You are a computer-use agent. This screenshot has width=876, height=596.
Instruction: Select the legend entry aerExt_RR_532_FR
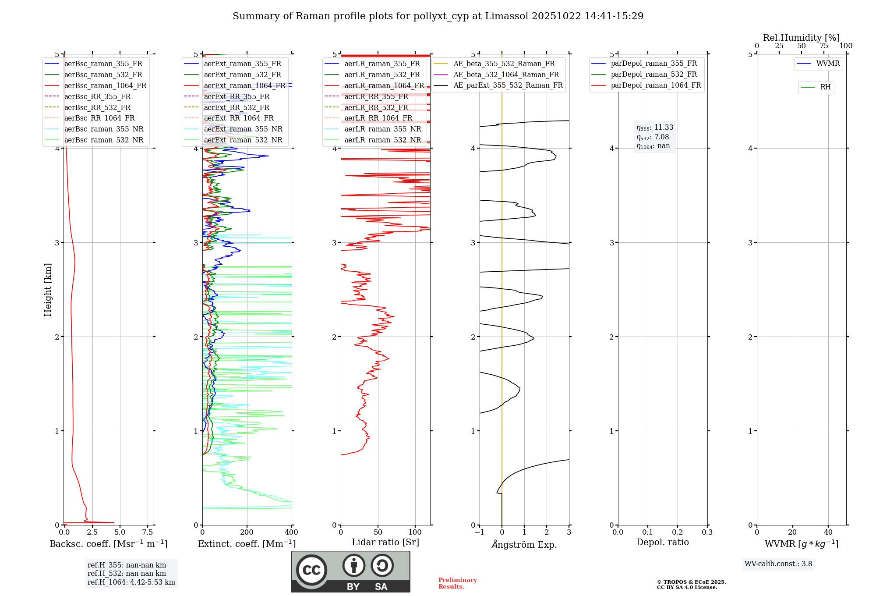click(237, 107)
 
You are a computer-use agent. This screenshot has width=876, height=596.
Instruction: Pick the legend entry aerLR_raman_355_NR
click(382, 129)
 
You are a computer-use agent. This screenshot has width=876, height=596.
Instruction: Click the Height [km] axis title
click(48, 290)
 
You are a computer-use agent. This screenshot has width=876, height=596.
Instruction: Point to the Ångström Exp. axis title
click(524, 545)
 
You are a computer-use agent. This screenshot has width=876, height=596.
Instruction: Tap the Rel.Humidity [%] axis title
click(801, 38)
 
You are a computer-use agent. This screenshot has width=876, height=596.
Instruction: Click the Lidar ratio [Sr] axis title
click(385, 542)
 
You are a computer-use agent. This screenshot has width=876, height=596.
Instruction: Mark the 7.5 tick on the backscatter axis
click(148, 532)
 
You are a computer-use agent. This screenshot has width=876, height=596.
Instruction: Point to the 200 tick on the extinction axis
click(247, 532)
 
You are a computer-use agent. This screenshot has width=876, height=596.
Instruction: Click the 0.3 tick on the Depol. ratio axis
click(707, 532)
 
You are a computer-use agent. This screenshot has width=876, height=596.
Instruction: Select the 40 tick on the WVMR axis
click(828, 532)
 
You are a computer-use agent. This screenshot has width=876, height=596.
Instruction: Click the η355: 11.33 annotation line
click(655, 128)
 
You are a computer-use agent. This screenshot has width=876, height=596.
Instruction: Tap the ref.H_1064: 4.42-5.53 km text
click(131, 582)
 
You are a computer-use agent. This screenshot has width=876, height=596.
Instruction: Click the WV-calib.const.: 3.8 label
click(778, 564)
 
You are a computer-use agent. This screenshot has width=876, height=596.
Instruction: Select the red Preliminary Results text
click(457, 583)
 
